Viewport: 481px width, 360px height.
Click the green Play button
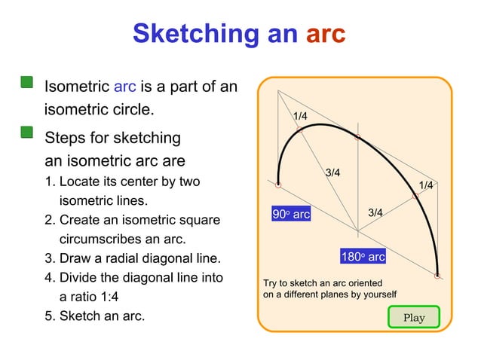coord(413,317)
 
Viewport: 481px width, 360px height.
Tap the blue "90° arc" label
coord(291,215)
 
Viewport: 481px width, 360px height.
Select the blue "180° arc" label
coord(363,257)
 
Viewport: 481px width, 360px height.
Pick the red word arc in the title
coord(325,33)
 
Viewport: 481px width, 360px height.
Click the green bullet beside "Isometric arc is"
coord(27,83)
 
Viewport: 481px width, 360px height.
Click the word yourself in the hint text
coord(376,294)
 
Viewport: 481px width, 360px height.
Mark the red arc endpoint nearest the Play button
coord(437,275)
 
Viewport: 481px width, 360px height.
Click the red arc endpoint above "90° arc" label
coord(278,185)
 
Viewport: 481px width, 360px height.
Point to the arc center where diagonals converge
coord(357,231)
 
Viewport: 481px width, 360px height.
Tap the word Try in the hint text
coord(270,282)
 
